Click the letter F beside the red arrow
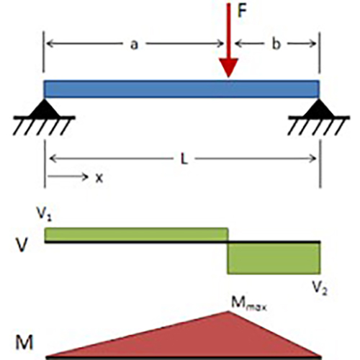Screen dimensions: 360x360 coord(242,11)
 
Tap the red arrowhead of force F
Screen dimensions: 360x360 coord(228,68)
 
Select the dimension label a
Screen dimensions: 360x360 coord(134,45)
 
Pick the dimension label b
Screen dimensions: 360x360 coord(276,44)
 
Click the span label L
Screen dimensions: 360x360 coord(184,159)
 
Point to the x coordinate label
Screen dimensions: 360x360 coord(99,179)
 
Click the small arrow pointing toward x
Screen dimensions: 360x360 coord(68,177)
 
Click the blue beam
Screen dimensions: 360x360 coord(181,89)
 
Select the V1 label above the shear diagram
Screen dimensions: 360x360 coord(44,213)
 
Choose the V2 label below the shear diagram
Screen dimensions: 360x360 coord(320,287)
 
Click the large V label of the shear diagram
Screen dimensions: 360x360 coord(22,245)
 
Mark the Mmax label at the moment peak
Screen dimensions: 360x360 coord(249,303)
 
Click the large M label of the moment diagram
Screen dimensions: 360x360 coord(24,343)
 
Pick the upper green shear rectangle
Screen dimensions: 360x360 coord(136,234)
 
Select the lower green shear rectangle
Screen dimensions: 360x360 coord(274,258)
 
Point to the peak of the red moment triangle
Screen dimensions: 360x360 coord(228,311)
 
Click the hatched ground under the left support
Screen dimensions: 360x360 coord(44,125)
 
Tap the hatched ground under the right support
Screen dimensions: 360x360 coord(319,125)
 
